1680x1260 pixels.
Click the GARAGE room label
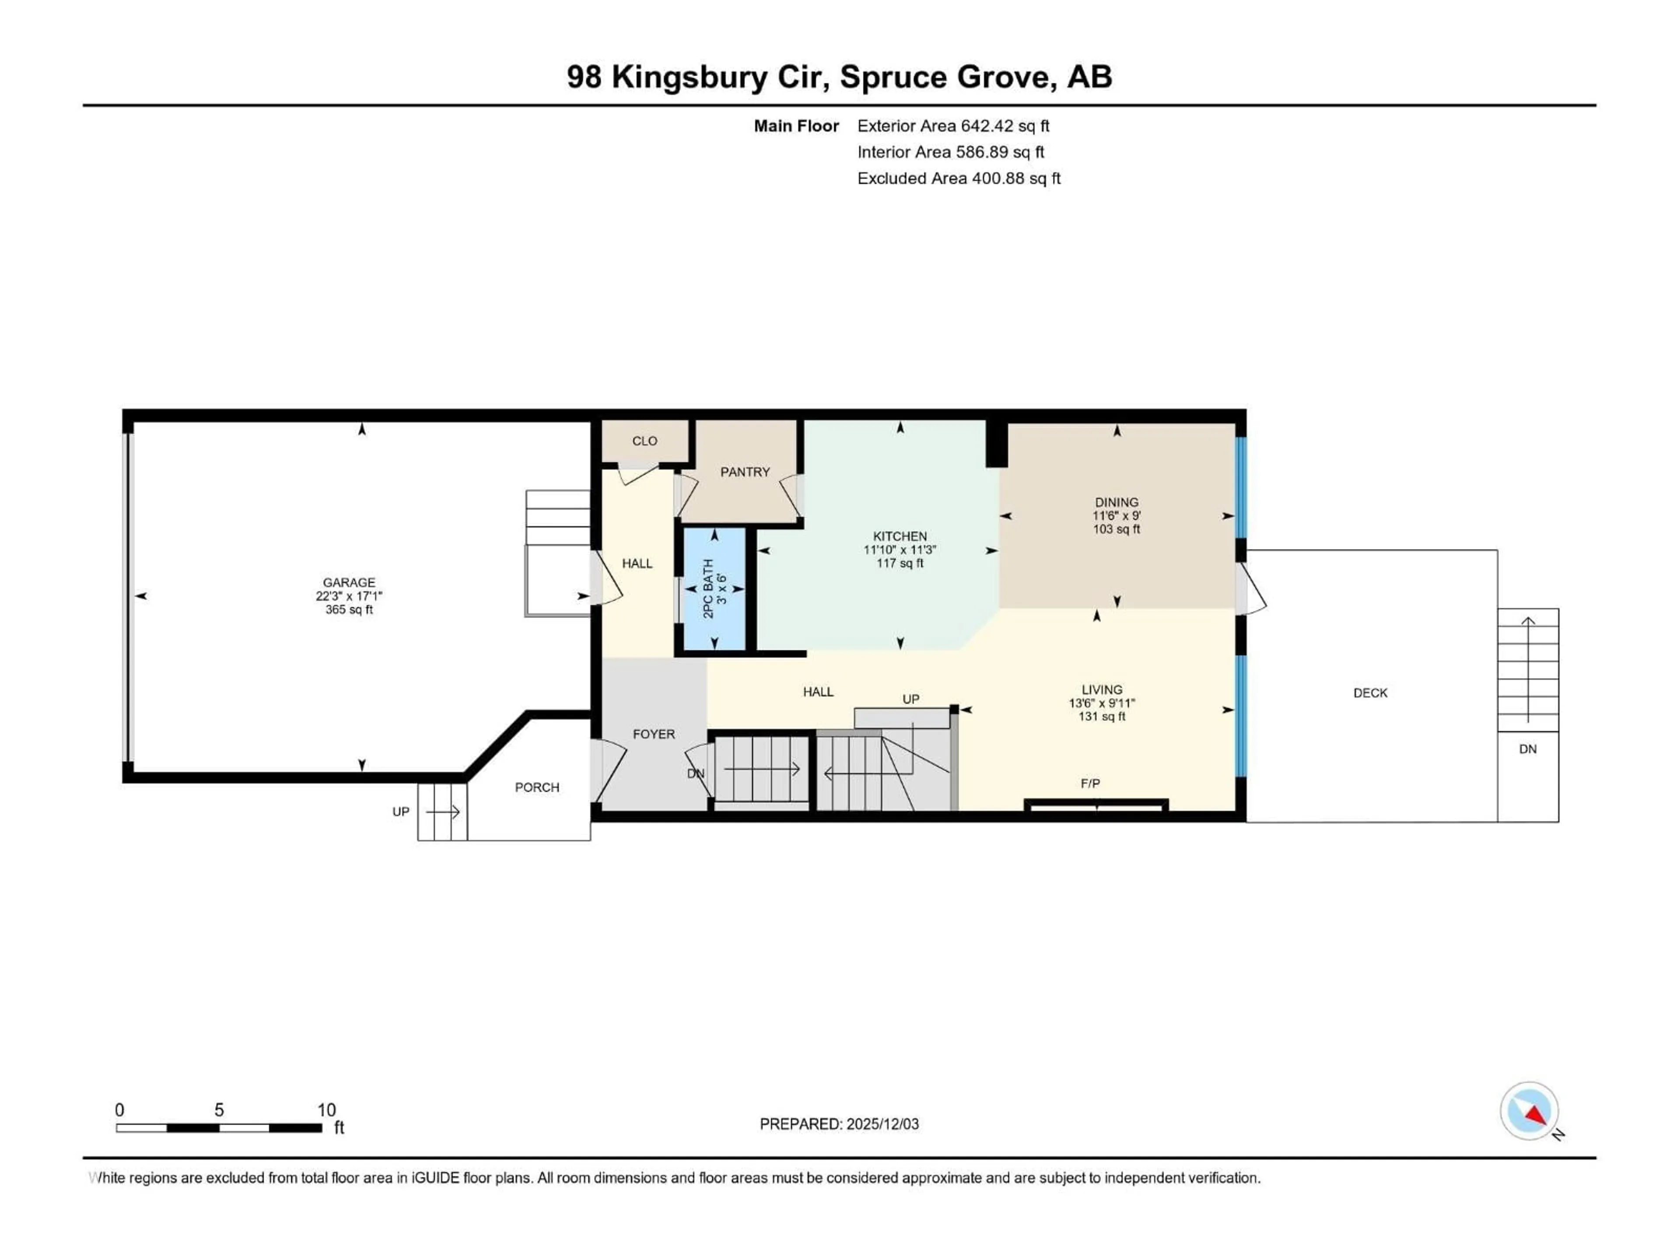349,583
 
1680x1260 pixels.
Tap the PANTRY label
744,472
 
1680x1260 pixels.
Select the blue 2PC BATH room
714,588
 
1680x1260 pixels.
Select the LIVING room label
1101,689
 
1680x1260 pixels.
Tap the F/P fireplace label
1090,783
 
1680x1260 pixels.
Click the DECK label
1370,693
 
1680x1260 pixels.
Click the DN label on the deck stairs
1527,749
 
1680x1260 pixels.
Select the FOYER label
653,734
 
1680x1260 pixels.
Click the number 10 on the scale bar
326,1109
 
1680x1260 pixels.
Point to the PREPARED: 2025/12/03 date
839,1124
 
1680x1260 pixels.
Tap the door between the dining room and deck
1249,588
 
